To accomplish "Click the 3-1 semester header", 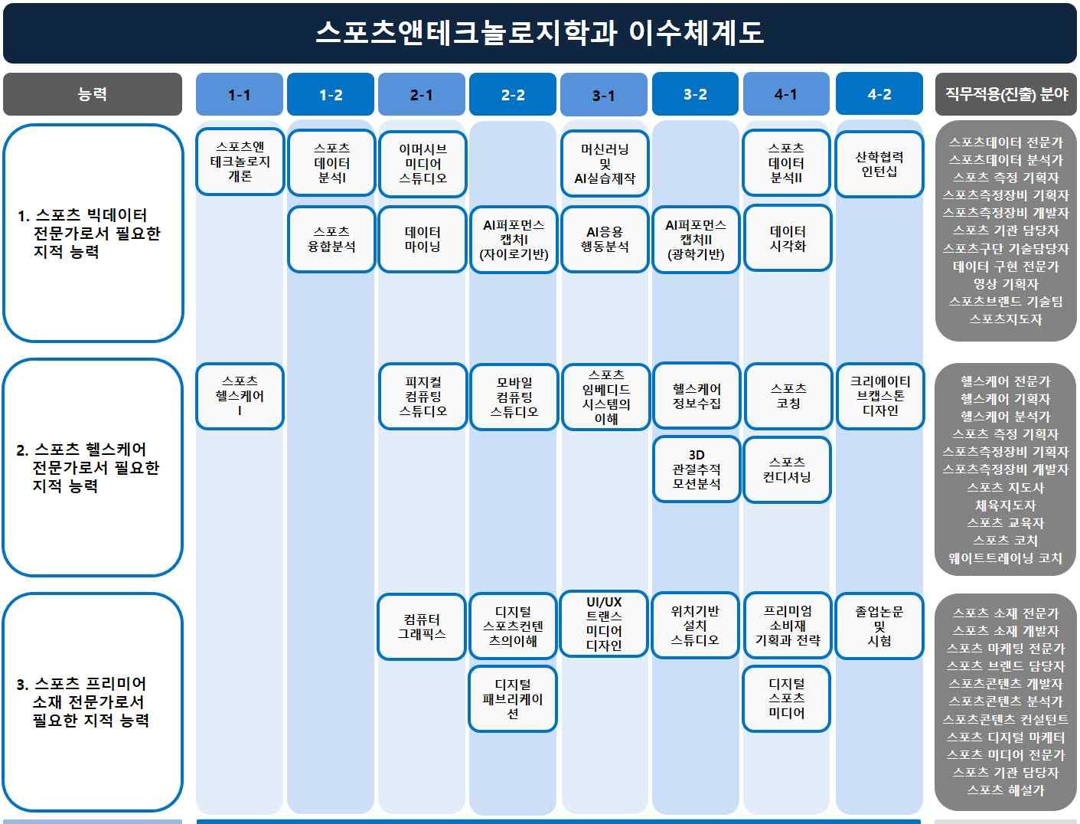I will pos(604,95).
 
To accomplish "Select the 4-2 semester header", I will pos(879,94).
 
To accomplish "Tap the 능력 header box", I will pos(93,94).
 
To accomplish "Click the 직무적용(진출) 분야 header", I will pos(1006,94).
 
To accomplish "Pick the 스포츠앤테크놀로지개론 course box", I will pos(240,162).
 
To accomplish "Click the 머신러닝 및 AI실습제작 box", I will pos(605,164).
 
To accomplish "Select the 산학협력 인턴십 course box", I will pos(879,164).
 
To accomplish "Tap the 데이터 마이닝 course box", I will pos(423,239).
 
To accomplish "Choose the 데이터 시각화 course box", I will pos(787,238).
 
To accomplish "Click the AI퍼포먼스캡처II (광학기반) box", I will pos(696,239).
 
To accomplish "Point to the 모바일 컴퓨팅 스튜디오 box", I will pos(514,397).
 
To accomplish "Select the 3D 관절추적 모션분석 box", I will pos(696,469).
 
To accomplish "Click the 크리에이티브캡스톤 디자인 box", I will pos(879,396).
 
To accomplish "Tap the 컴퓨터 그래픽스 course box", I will pos(422,626).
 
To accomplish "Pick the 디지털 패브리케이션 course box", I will pos(513,699).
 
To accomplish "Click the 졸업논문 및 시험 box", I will pos(879,626).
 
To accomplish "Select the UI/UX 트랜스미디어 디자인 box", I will pos(604,624).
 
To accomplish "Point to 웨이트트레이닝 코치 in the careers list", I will pos(1005,558).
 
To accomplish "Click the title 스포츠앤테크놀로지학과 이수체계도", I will pos(540,33).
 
